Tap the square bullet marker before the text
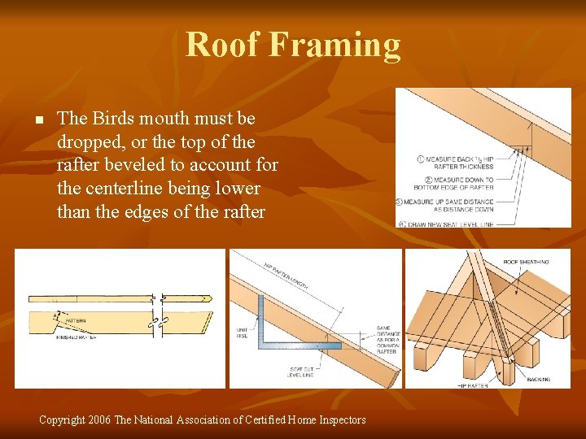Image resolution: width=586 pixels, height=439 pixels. [37, 120]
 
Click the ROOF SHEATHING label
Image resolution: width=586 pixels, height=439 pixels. [525, 262]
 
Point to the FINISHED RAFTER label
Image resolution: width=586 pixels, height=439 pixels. [77, 337]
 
